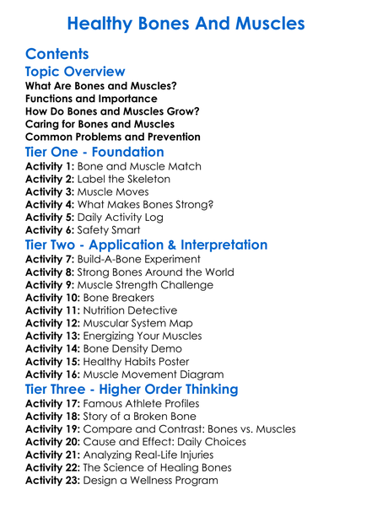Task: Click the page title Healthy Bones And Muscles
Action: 186,23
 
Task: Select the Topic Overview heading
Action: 75,73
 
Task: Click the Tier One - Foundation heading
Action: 94,152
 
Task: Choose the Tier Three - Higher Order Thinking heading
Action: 132,390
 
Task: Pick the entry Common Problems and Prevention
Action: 112,136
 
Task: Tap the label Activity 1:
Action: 50,167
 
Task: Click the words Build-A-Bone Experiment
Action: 139,260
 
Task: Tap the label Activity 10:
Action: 53,298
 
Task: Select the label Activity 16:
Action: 53,374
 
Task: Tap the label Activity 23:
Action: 53,480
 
